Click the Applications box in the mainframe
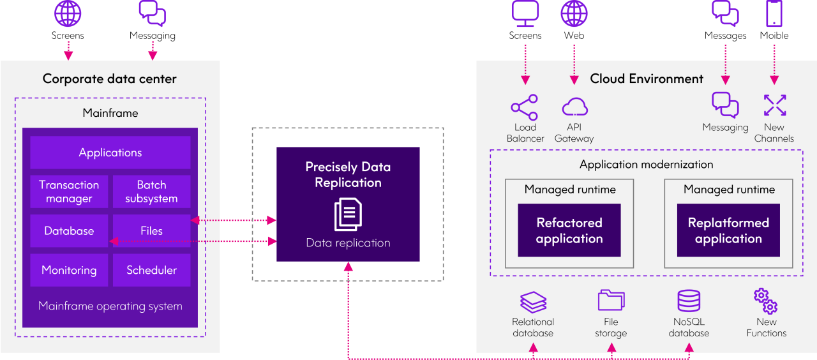coord(110,153)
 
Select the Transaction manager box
coord(69,191)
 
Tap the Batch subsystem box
coord(151,191)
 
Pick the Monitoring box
coord(69,270)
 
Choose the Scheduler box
coord(151,270)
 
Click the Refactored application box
coord(569,230)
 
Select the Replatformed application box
coord(728,230)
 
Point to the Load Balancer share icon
coord(525,107)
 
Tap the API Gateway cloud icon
coord(574,107)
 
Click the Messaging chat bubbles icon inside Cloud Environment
coord(725,105)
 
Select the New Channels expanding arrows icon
coord(774,105)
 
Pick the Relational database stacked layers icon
coord(533,301)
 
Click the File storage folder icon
coord(611,301)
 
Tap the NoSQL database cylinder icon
coord(689,301)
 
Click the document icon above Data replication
coord(348,214)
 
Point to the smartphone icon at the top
coord(774,13)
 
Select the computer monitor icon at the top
coord(525,14)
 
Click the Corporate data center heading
coord(110,79)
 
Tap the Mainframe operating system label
coord(110,306)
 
